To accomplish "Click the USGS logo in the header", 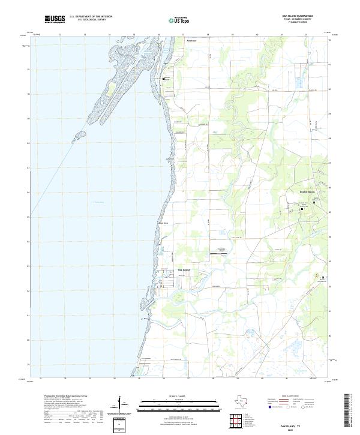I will (x=55, y=20).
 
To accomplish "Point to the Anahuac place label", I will (x=191, y=41).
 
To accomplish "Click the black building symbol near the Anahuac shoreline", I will (x=162, y=79).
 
